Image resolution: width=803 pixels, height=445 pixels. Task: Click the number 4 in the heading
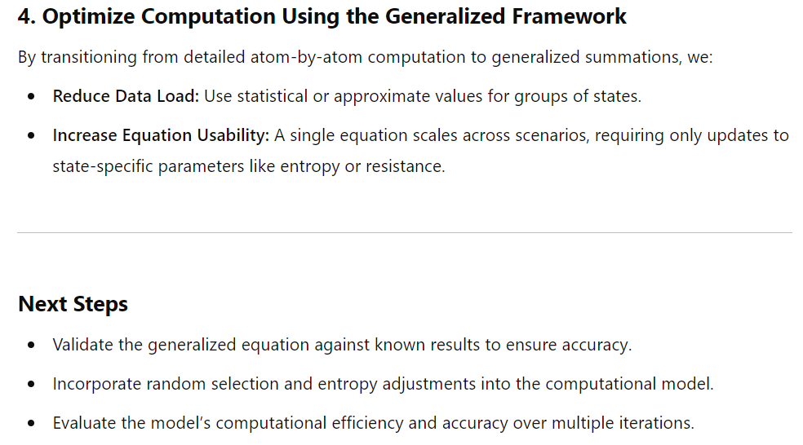[x=24, y=16]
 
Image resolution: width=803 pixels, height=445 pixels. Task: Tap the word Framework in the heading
[x=569, y=16]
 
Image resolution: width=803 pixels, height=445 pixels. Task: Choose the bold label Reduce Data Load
[x=126, y=96]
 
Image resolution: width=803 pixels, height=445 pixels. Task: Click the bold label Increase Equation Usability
[x=161, y=135]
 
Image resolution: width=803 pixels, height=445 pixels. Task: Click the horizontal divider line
[x=405, y=233]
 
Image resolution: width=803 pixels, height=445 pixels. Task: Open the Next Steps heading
[x=73, y=304]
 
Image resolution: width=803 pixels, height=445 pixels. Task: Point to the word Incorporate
[x=97, y=384]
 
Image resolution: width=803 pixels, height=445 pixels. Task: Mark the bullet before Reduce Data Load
[x=32, y=96]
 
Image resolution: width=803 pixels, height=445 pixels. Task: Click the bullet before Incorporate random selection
[x=32, y=384]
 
